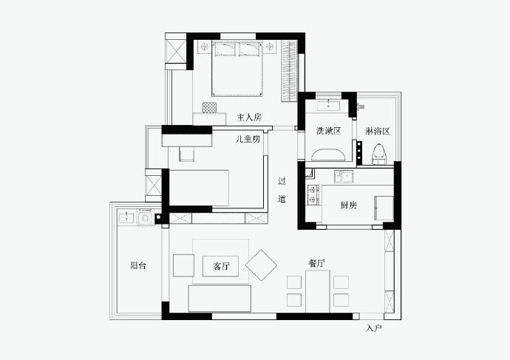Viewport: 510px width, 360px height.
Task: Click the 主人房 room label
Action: [249, 117]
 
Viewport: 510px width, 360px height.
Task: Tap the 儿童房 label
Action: [248, 139]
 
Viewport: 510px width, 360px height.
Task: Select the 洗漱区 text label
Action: [328, 131]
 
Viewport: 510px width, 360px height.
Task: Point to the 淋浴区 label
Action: [377, 132]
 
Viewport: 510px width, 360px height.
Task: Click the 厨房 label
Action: [349, 205]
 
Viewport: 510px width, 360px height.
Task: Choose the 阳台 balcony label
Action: [138, 265]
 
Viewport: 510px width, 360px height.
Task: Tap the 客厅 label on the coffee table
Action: [221, 266]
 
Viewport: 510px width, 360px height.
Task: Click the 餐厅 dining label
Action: [316, 263]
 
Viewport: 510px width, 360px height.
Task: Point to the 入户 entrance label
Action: [373, 328]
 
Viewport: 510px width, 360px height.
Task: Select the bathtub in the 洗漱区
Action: [328, 154]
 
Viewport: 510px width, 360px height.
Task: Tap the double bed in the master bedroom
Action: [237, 68]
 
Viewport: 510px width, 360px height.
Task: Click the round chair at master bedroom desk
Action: [209, 107]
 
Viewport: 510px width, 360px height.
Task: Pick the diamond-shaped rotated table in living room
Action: [261, 265]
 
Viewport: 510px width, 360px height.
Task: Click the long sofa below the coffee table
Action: [220, 298]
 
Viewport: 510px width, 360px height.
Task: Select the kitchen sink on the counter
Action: [344, 177]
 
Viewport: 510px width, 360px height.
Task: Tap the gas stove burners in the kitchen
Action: [314, 195]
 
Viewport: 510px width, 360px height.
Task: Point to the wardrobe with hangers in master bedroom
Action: [289, 71]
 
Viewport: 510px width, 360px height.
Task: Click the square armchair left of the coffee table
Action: [183, 265]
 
